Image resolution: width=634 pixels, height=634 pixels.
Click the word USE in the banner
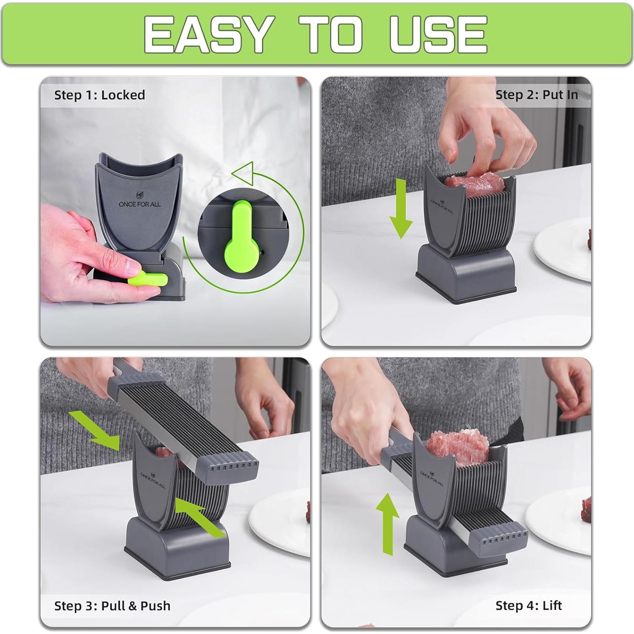click(x=438, y=34)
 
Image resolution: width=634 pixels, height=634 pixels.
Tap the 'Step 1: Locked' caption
click(x=99, y=95)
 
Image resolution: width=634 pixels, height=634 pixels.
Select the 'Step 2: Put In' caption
click(x=536, y=95)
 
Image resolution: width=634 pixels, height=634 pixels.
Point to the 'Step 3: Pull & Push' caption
click(x=112, y=606)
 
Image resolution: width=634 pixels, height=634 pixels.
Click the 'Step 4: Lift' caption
click(x=528, y=605)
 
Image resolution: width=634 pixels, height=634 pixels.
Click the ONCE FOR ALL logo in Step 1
click(x=140, y=201)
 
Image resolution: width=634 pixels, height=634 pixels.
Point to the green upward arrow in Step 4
click(x=388, y=523)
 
